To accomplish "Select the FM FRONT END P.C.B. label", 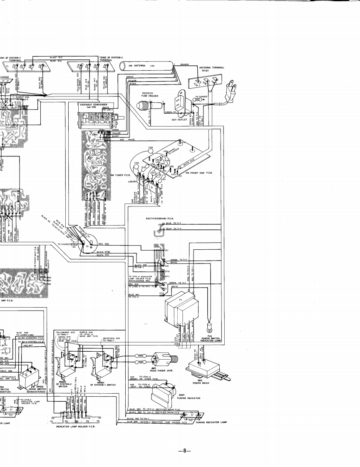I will pos(196,172).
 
